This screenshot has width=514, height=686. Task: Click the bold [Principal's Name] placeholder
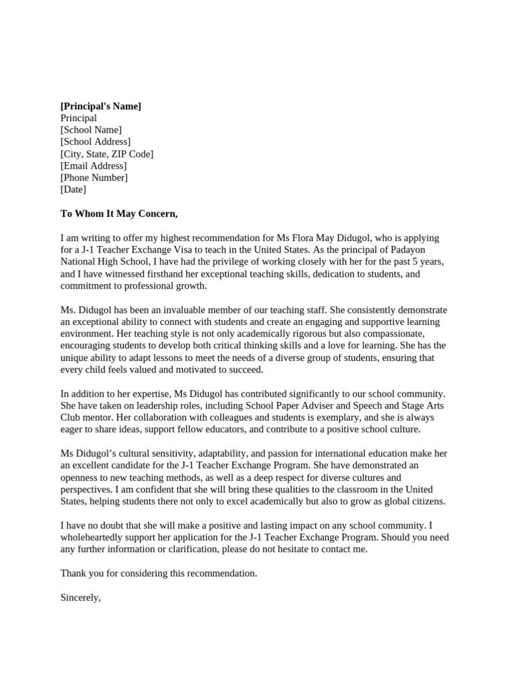coord(100,106)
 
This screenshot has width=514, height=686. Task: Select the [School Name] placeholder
coord(91,130)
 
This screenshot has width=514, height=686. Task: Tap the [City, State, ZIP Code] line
coord(106,154)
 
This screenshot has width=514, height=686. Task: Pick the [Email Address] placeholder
coord(93,165)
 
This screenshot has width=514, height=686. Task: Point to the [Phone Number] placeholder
coord(94,178)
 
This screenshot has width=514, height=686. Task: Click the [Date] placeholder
coord(73,190)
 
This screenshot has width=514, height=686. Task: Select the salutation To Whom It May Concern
coord(119,214)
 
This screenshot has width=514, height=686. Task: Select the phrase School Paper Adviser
coord(311,405)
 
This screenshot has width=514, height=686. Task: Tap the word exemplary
coord(305,417)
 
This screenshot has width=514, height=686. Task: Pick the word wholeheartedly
coord(98,537)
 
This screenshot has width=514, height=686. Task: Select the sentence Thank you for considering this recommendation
coord(159,573)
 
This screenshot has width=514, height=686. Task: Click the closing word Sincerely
coord(80,598)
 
